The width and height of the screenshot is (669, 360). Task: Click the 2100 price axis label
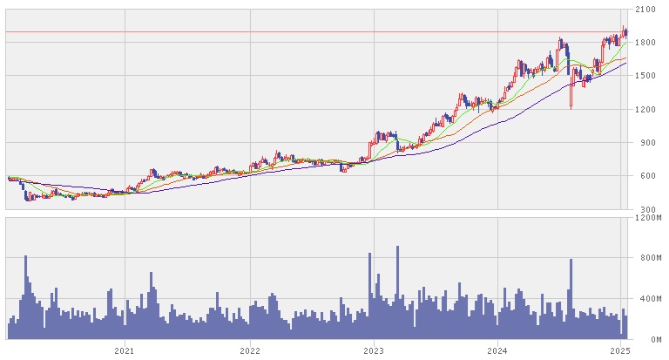pos(645,10)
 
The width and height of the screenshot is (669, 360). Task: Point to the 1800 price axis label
pos(645,43)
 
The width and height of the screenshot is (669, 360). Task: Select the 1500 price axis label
pos(645,76)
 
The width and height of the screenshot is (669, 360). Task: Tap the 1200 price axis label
pos(645,110)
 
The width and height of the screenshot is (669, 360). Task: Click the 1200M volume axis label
pos(647,218)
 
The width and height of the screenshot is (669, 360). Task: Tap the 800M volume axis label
pos(645,258)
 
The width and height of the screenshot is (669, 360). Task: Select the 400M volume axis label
pos(645,298)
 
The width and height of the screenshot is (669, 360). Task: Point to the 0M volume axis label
pos(641,338)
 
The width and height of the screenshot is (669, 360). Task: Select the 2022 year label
pos(249,350)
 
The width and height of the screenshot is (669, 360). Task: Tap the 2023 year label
pos(373,350)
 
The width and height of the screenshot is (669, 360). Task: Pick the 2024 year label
pos(497,350)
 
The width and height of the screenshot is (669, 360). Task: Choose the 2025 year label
pos(619,350)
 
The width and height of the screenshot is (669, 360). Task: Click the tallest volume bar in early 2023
pos(397,292)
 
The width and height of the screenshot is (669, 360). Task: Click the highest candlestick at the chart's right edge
pos(624,31)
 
